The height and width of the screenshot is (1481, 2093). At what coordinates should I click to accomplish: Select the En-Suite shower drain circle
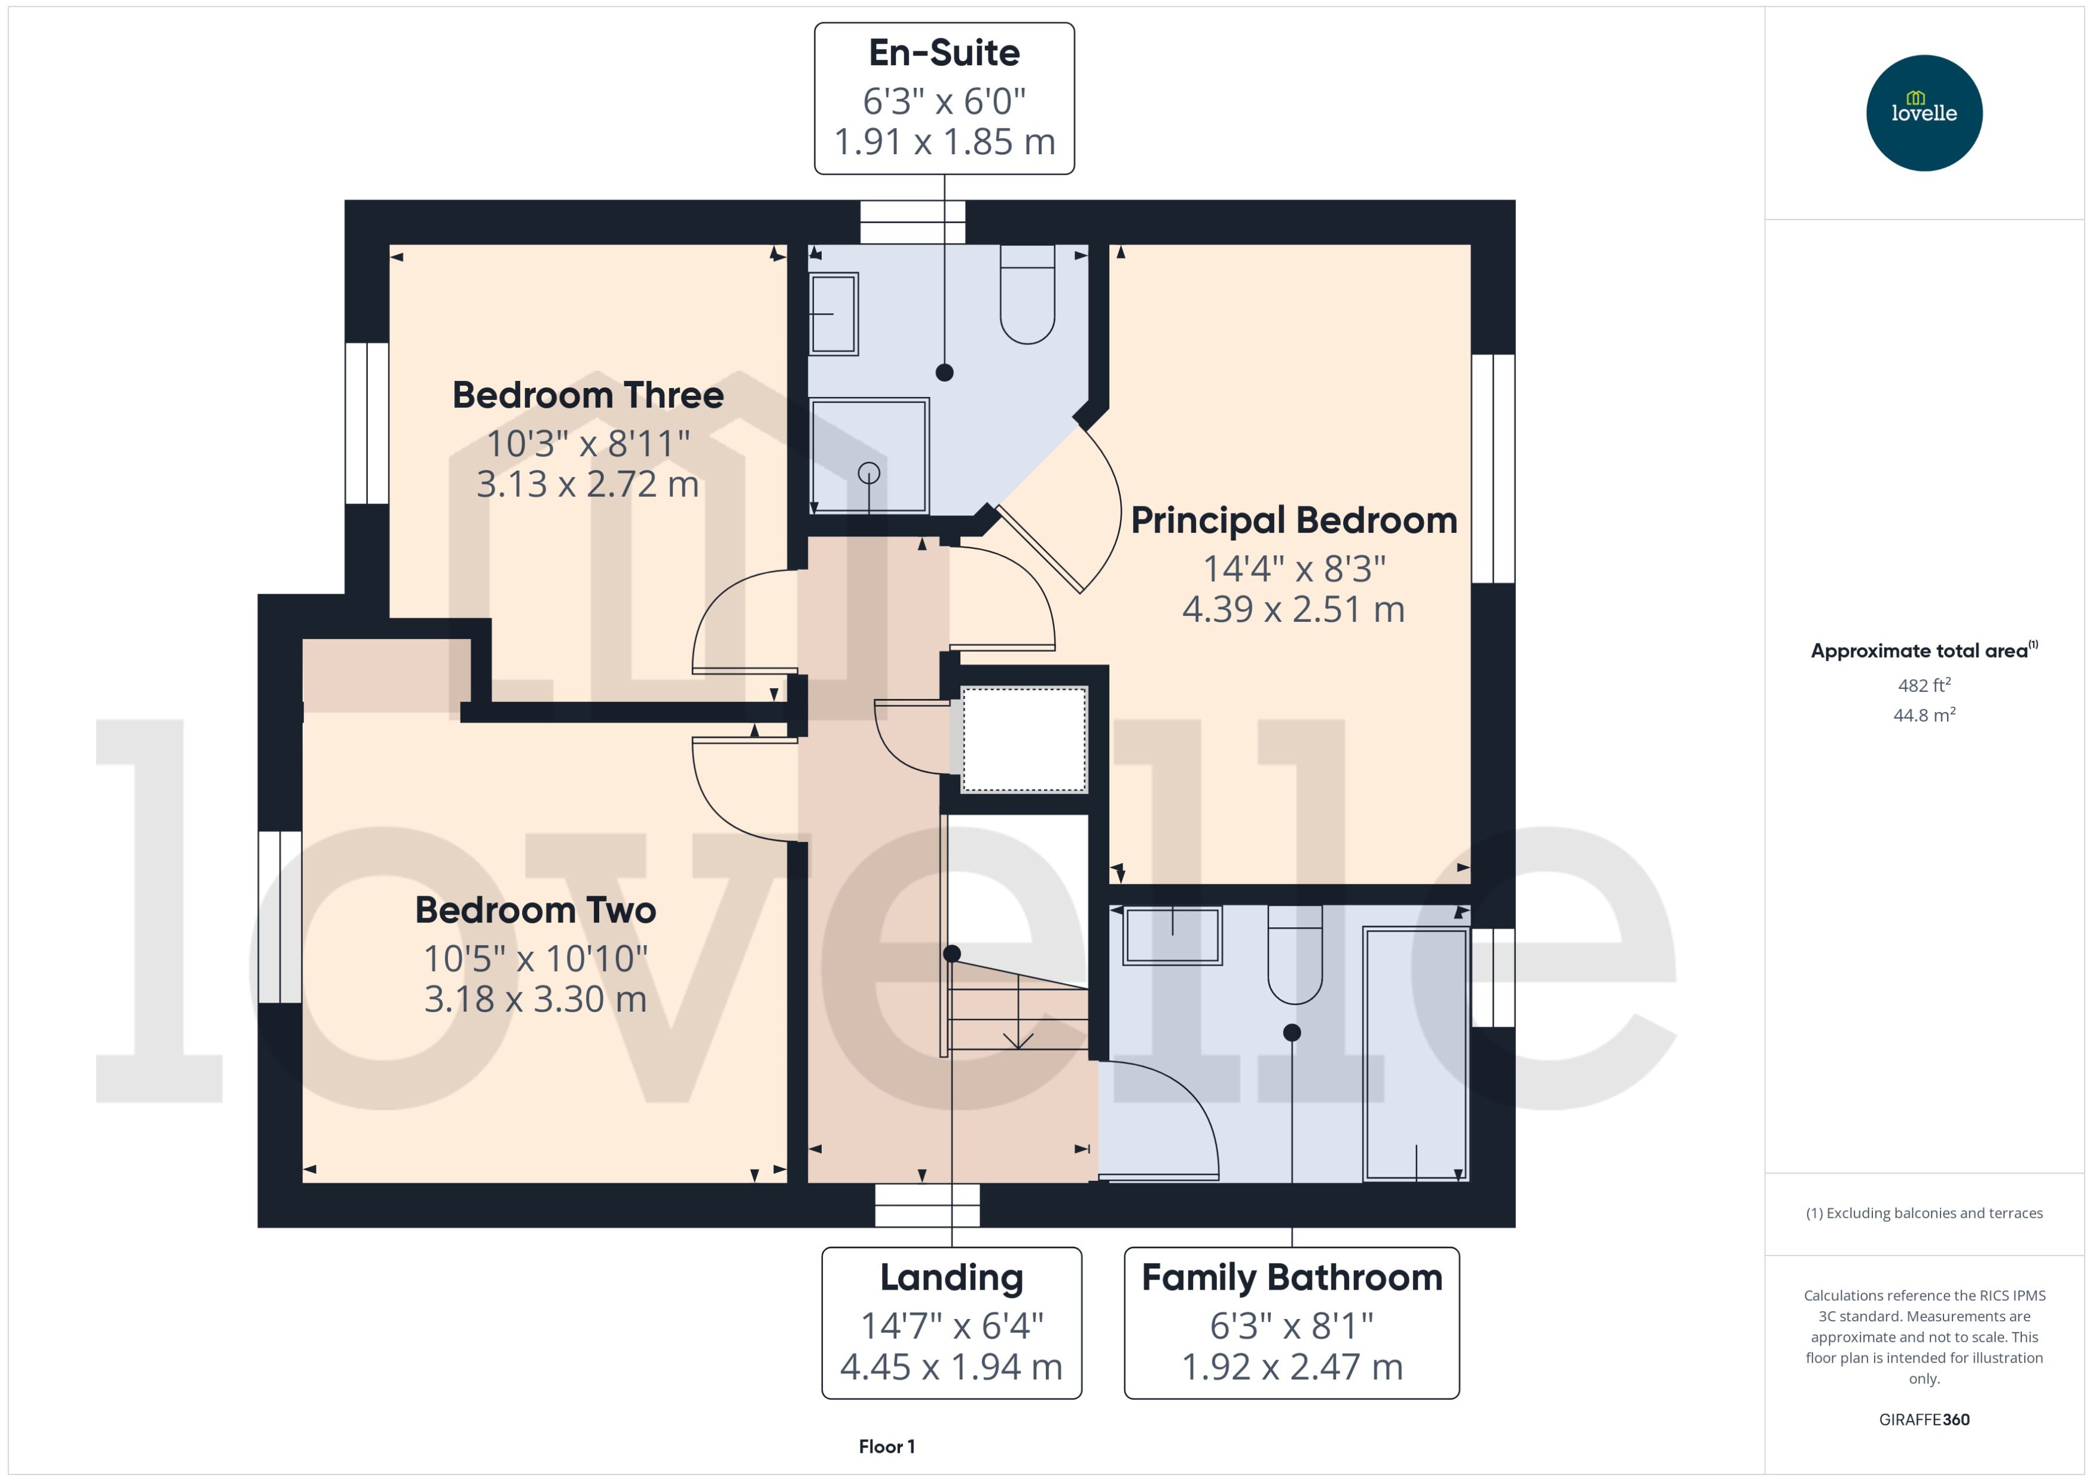(868, 472)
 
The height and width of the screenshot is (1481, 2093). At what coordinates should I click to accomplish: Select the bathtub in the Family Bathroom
(1414, 1054)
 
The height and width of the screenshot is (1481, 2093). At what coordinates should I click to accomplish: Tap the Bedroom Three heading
(588, 395)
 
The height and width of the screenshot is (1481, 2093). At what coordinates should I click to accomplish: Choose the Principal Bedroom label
(1293, 521)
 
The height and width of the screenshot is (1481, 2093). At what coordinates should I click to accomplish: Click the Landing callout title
(951, 1278)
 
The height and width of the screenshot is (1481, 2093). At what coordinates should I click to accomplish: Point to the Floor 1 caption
(886, 1446)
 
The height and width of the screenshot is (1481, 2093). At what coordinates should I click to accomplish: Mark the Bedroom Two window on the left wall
(279, 917)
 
